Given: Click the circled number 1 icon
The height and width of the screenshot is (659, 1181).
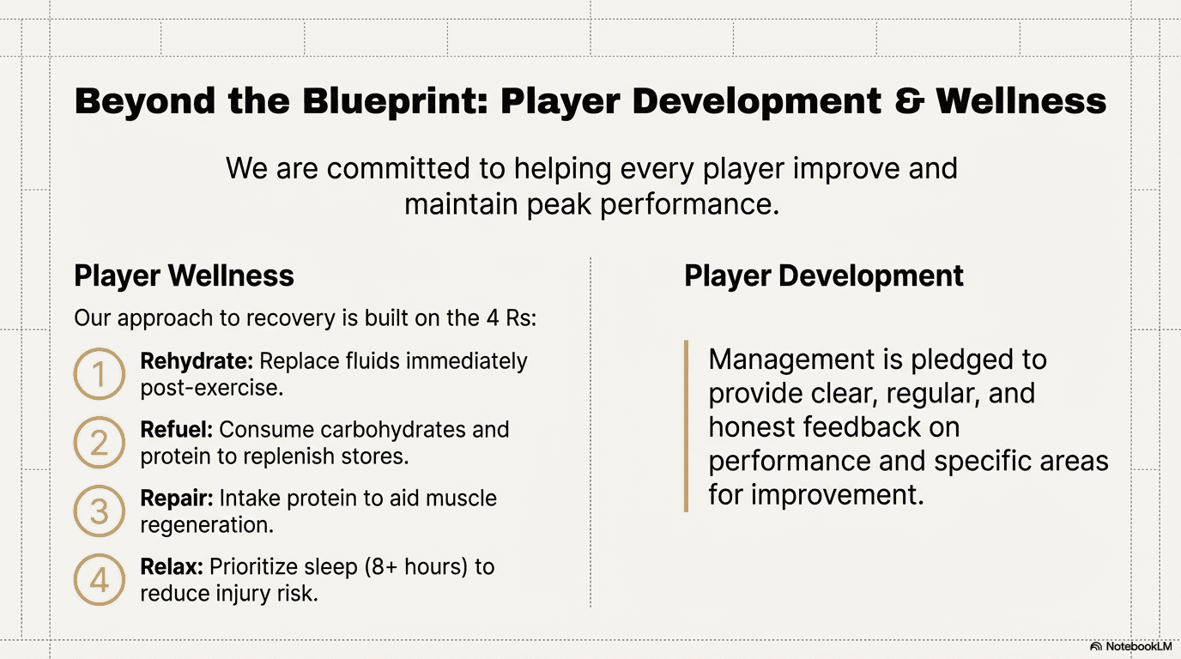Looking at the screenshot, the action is click(x=99, y=348).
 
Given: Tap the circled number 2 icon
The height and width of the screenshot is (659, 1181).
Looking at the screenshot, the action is click(x=99, y=417).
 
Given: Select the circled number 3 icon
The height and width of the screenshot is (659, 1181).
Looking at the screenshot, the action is click(x=99, y=486).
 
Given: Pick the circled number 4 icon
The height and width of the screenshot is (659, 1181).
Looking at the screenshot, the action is click(x=99, y=554).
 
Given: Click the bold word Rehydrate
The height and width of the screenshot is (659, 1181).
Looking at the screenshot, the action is click(x=197, y=362).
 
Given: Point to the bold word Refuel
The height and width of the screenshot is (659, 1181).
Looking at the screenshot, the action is click(x=177, y=430).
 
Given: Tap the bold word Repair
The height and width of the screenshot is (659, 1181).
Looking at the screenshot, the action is click(x=177, y=499).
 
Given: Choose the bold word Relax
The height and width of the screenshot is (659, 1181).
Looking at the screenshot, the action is click(x=172, y=566).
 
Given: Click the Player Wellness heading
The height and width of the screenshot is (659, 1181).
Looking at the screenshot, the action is click(x=184, y=275).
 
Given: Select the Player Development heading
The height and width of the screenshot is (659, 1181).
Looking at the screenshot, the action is click(x=824, y=275).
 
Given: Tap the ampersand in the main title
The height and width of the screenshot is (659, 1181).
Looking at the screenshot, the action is click(x=910, y=100).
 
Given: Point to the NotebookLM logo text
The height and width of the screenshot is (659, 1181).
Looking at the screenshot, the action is click(x=1139, y=646).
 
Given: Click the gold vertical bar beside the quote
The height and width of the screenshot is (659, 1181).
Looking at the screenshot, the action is click(x=686, y=426).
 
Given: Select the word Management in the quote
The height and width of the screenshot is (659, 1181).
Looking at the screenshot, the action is click(x=791, y=360).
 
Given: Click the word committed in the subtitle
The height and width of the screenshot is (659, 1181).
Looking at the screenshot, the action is click(x=398, y=169).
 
